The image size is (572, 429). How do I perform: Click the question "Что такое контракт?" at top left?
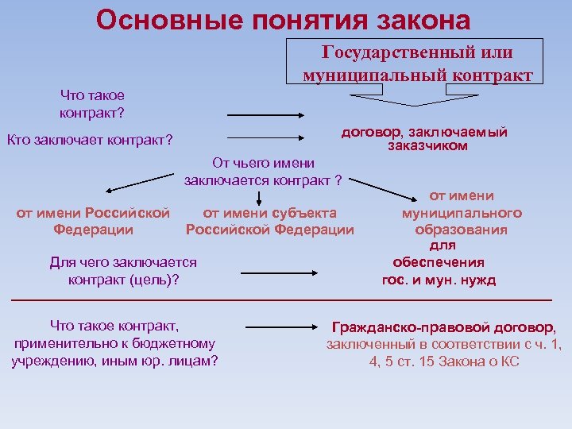tap(91, 103)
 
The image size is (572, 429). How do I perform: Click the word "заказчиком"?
tap(428, 146)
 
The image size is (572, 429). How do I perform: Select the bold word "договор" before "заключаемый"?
tap(369, 132)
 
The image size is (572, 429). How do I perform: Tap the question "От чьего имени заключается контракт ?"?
tap(262, 172)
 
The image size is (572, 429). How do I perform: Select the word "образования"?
tap(461, 230)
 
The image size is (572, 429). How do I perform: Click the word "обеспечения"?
tap(439, 263)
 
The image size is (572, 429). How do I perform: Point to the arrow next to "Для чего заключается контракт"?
tap(280, 272)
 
